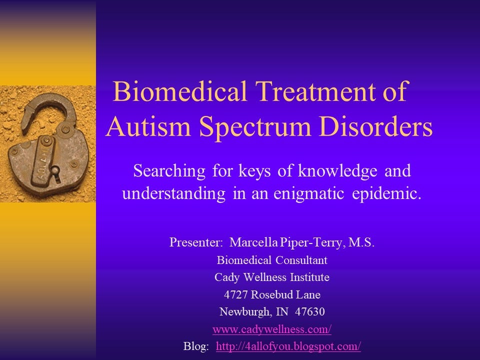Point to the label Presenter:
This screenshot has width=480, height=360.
(196, 243)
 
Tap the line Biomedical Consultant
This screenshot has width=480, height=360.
(272, 260)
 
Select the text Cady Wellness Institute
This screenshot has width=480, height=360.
(272, 277)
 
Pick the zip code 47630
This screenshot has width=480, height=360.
(310, 312)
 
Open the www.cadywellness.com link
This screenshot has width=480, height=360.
(272, 329)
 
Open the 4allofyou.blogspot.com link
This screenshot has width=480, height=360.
(288, 346)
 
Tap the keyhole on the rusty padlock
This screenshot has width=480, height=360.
(55, 174)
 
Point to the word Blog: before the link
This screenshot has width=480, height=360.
(196, 346)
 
